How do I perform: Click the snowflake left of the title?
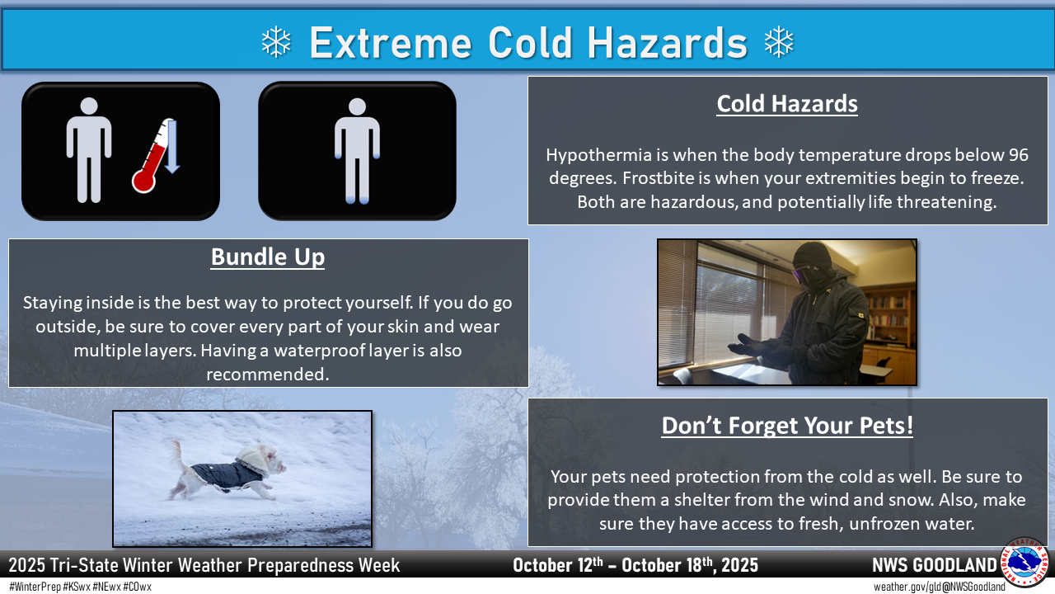coord(276,42)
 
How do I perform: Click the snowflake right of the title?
coord(779,42)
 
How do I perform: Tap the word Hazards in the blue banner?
coord(668,43)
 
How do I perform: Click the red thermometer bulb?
coord(143,181)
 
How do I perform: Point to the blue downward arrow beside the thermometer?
coord(172,147)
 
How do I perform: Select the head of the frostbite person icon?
coord(358,106)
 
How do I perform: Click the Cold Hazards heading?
coord(787,104)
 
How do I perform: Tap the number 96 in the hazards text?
coord(1018,154)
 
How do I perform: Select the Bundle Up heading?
coord(268,257)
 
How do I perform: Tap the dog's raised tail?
coord(177,453)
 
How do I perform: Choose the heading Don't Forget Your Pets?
coord(787,426)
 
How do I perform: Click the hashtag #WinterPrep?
coord(35,587)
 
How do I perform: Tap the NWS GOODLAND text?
coord(935,565)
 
